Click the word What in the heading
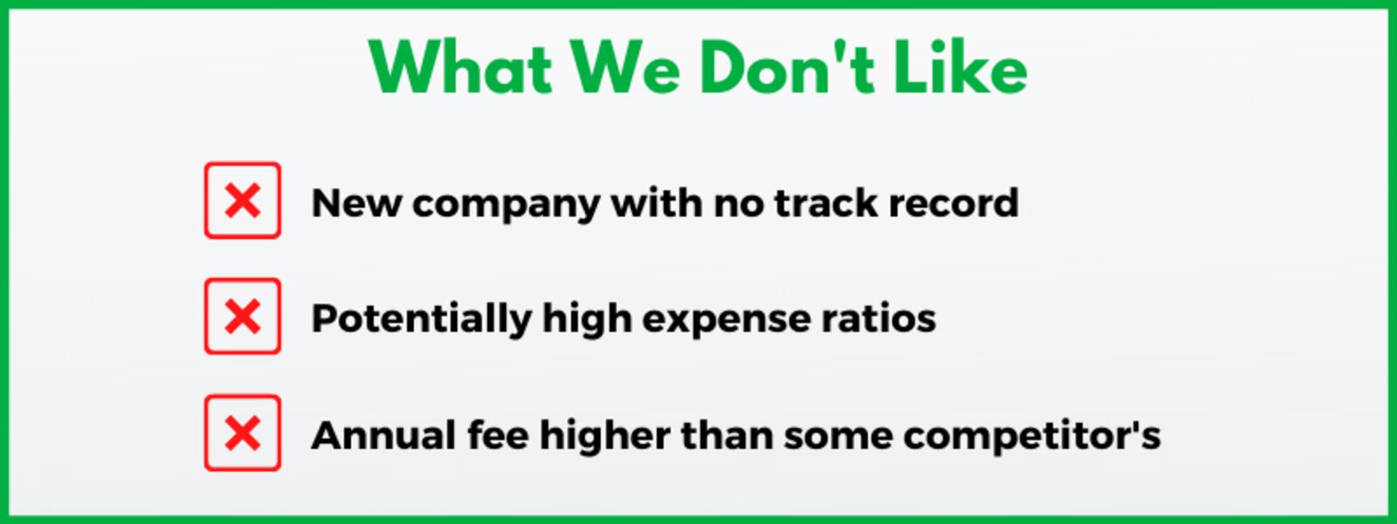click(461, 68)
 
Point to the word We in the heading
click(625, 68)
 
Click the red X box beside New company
click(243, 200)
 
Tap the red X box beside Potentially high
click(243, 316)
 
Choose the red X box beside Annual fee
click(243, 432)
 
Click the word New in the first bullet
click(356, 203)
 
